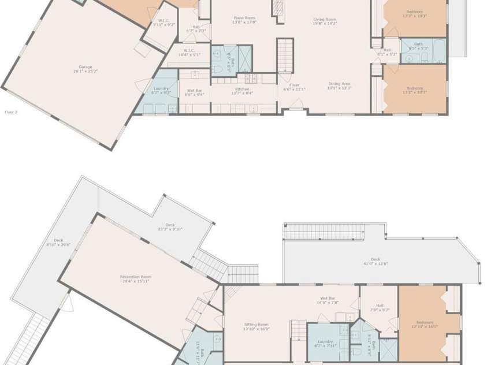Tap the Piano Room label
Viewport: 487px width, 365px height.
244,20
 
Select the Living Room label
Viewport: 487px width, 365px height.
324,21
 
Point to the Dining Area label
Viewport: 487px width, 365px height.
339,85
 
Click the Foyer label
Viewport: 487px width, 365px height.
294,87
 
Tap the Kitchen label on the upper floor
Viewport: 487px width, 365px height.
242,91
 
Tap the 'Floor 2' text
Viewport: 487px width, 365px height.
11,112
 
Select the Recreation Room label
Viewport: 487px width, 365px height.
136,280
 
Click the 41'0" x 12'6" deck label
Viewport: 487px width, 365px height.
375,262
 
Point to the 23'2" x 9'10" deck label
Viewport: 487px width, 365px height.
169,227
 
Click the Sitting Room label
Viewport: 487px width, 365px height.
256,327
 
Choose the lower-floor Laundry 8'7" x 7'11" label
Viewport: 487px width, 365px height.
326,344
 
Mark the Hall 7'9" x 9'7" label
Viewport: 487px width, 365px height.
379,308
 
